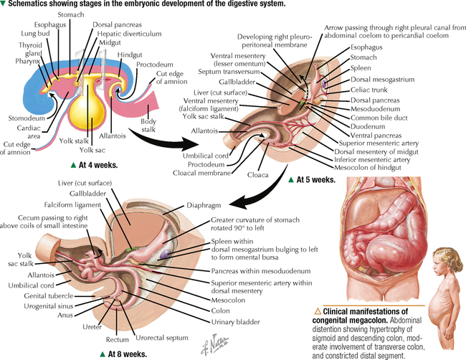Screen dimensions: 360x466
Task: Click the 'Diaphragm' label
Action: [x=212, y=204]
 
